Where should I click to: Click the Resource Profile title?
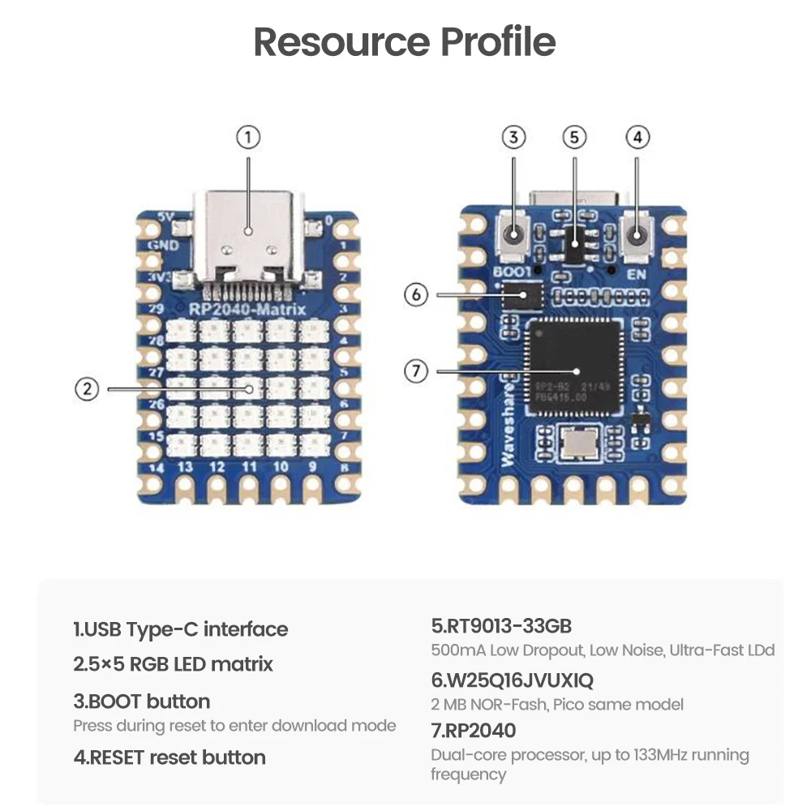tap(405, 42)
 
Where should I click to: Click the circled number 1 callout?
tap(248, 138)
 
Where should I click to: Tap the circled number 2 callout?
tap(87, 389)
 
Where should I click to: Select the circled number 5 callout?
tap(574, 138)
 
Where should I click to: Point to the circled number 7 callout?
tap(416, 371)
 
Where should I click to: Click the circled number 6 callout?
tap(416, 294)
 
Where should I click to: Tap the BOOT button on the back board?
tap(513, 236)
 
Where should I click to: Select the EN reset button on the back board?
tap(637, 236)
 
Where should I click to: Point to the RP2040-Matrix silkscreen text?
tap(247, 310)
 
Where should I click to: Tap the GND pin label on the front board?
tap(157, 245)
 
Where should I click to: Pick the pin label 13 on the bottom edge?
tap(185, 467)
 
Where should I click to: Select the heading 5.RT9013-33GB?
tap(501, 626)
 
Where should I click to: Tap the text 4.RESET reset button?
tap(169, 757)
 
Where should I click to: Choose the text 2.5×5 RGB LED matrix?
tap(173, 664)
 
